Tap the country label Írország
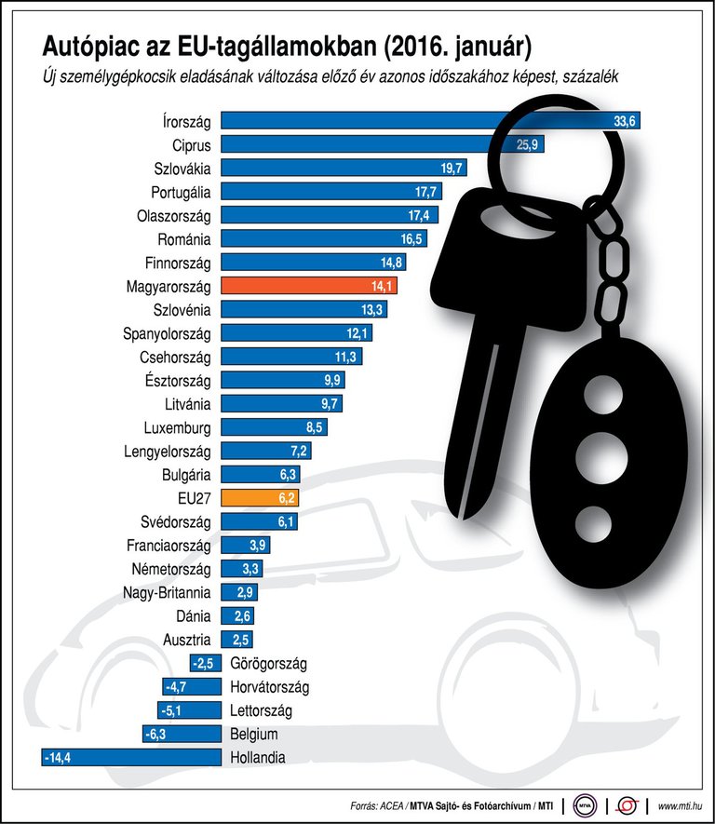(186, 121)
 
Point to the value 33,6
(624, 121)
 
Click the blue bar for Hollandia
(130, 758)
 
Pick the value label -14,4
(58, 758)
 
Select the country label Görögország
(268, 663)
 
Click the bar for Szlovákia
(344, 169)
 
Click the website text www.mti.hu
(681, 804)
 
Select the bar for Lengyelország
(265, 451)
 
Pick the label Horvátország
(269, 687)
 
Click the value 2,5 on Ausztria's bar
(239, 640)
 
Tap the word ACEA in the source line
(390, 804)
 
